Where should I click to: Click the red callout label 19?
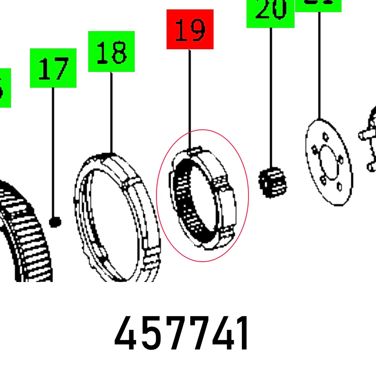click(190, 29)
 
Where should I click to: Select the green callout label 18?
click(111, 52)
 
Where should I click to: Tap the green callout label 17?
click(53, 68)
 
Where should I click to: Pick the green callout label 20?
click(270, 13)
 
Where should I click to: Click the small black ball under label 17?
click(55, 222)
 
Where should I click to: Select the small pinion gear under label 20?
click(272, 183)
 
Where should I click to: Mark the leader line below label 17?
click(53, 150)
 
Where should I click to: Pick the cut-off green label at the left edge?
click(5, 88)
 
